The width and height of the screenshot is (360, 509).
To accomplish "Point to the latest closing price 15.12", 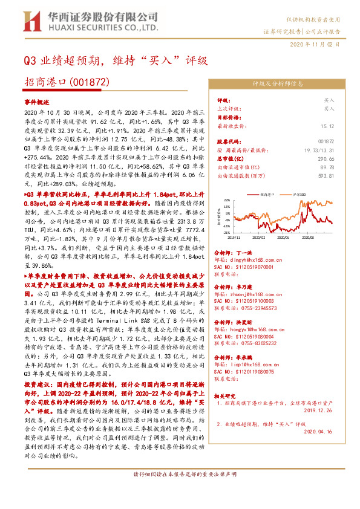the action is point(327,126).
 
